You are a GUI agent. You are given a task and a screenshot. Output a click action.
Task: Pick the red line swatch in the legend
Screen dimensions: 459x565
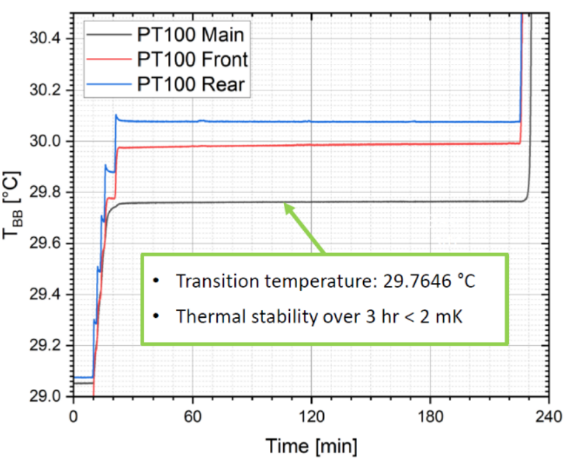pos(107,59)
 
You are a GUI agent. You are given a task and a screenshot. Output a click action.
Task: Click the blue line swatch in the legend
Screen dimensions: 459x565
pos(107,85)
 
